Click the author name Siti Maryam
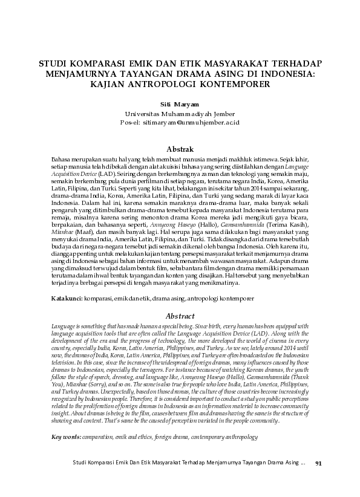click(180, 103)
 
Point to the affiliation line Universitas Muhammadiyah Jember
click(180, 113)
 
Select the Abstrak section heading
click(180, 149)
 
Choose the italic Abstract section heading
click(180, 316)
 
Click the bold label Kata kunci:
click(67, 299)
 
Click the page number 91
click(319, 481)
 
